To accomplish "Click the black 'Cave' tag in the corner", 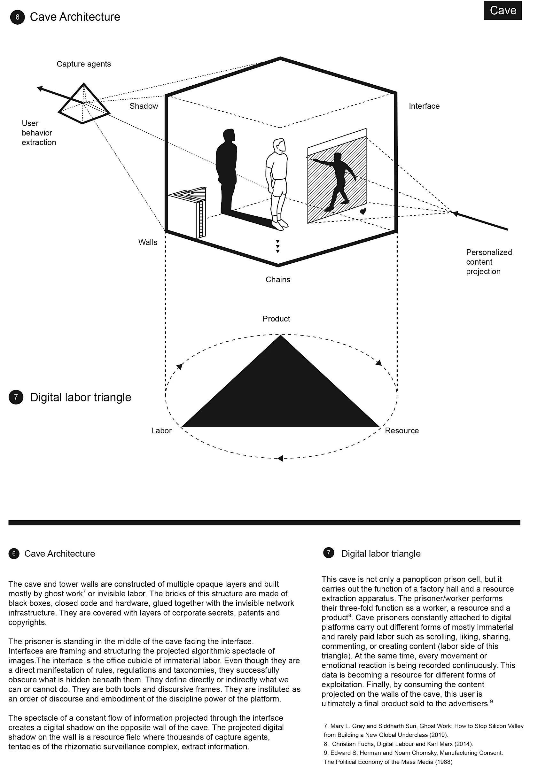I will [x=502, y=10].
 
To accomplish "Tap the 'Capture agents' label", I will [x=83, y=64].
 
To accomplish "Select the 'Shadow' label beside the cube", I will [x=144, y=106].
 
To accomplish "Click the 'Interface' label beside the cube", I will [x=424, y=106].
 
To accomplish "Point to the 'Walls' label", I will [x=148, y=242].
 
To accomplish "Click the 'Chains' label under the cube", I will [x=278, y=279].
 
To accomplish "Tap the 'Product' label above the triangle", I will [x=276, y=319].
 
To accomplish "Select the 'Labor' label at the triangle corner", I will [x=161, y=430].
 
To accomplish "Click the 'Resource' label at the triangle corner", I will [x=402, y=430].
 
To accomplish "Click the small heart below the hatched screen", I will [x=363, y=211].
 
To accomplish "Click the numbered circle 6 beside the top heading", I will [x=17, y=17].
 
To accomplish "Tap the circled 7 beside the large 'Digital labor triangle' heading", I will [x=16, y=397].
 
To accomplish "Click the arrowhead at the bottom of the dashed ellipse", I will [x=280, y=458].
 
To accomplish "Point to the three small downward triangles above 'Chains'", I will [x=277, y=246].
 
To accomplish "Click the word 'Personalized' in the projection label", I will [x=489, y=252].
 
